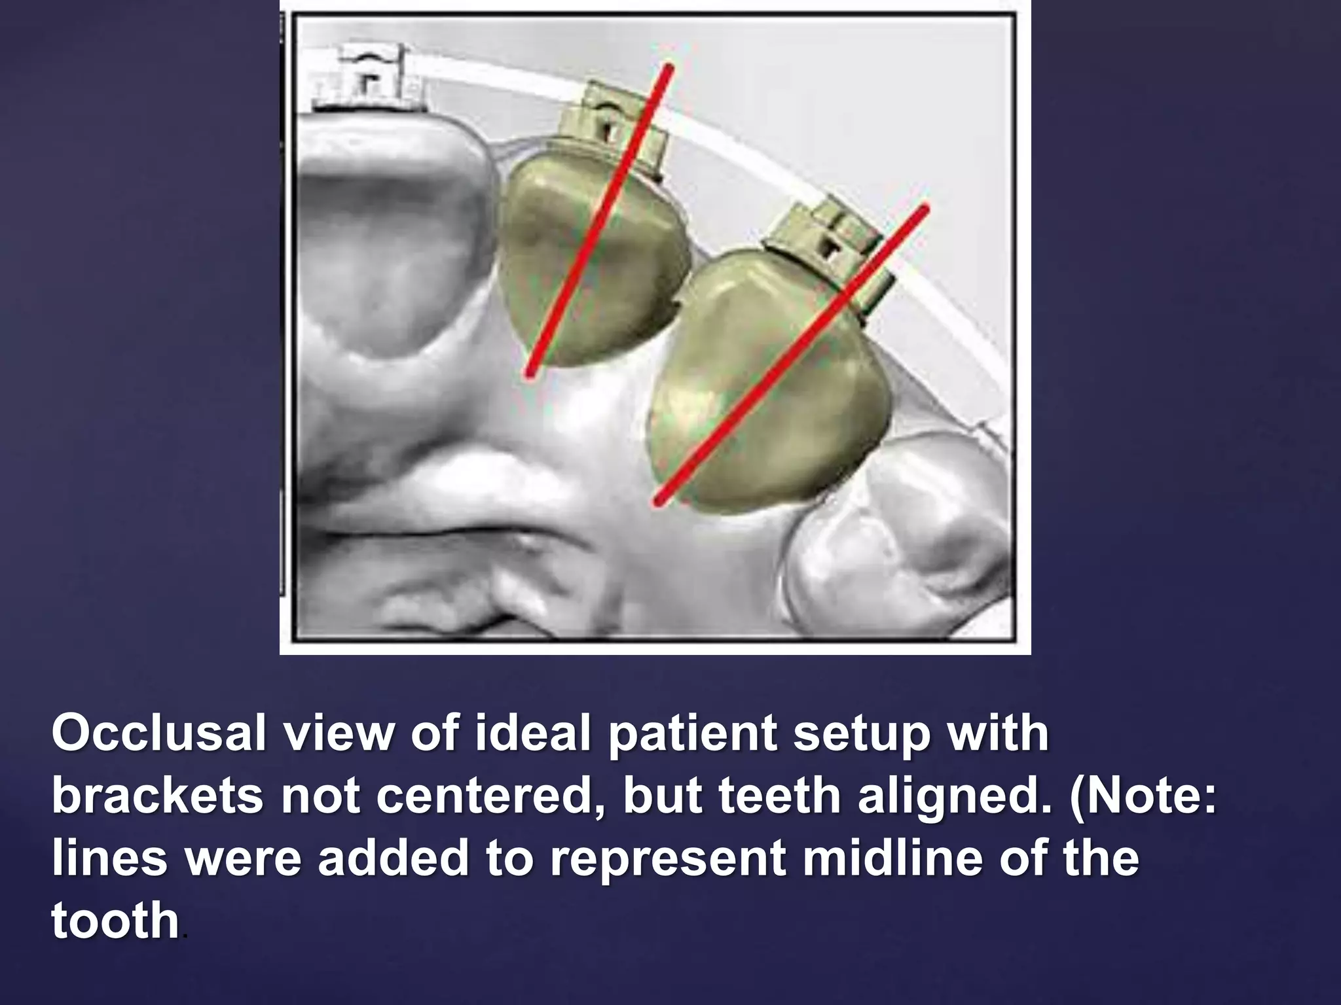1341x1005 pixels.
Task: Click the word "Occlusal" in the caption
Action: click(158, 734)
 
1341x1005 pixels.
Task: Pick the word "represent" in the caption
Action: click(668, 860)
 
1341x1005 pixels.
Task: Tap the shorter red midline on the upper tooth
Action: click(599, 221)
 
